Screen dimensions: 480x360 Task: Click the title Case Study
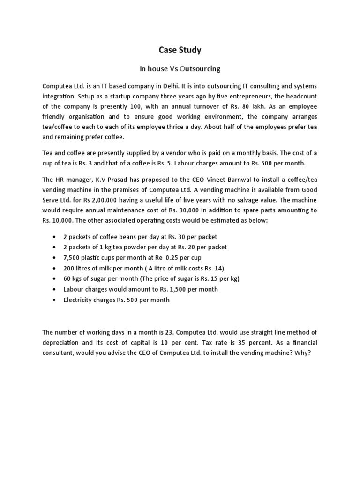[x=180, y=50]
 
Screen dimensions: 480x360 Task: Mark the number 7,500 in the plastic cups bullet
[x=72, y=257]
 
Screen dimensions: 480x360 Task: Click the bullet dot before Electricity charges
[x=56, y=300]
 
